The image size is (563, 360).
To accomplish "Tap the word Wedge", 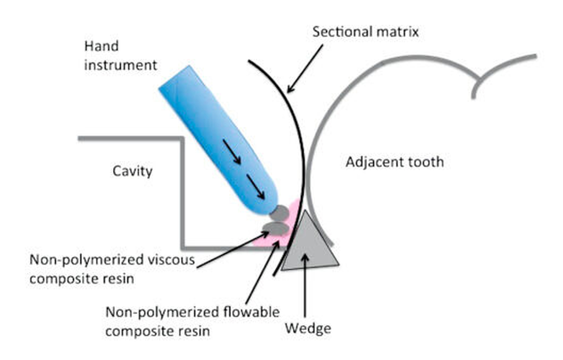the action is click(x=308, y=329).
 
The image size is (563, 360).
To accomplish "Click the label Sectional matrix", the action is click(x=365, y=32).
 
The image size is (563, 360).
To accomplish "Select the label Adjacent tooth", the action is click(x=395, y=162).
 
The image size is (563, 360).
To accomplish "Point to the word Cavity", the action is click(x=132, y=171).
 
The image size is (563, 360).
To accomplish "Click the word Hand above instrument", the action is click(x=101, y=46).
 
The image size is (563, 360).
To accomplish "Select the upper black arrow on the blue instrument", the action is click(x=232, y=152).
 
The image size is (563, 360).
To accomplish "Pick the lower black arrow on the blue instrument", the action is click(x=255, y=187).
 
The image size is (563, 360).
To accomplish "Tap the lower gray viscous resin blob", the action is click(x=276, y=229).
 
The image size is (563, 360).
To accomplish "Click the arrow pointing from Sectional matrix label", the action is click(x=305, y=69).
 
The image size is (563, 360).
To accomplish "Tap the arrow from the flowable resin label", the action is click(x=263, y=272).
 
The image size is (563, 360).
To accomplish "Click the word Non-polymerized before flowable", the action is click(x=162, y=312).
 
